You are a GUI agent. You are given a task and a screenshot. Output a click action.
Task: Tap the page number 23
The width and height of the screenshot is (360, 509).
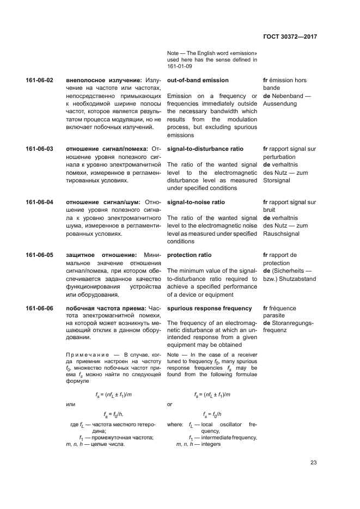coord(314,463)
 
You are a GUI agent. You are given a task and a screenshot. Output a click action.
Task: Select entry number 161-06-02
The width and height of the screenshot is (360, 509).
coord(39,81)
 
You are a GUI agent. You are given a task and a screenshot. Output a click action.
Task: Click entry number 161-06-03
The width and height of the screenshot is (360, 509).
coord(39,149)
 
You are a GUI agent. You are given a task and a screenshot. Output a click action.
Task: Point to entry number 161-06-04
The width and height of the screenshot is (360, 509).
coord(39,202)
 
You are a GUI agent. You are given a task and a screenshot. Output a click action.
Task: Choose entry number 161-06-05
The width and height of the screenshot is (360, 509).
coord(39,255)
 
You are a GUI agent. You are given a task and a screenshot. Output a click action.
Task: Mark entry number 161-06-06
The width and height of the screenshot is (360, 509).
coord(39,308)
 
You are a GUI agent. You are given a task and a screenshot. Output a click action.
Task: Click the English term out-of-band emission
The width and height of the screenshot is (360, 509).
coord(198,81)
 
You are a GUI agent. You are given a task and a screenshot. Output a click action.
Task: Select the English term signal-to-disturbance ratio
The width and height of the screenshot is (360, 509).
coord(205,149)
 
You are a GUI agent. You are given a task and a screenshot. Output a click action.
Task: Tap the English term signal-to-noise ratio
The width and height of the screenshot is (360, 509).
coord(196,202)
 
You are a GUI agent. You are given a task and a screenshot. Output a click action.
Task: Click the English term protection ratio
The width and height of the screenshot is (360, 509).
coord(189,255)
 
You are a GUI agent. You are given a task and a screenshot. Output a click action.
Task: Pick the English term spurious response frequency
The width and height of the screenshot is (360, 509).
coord(209,308)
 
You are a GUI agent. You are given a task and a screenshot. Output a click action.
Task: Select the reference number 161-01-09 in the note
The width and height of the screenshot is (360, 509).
coord(181,66)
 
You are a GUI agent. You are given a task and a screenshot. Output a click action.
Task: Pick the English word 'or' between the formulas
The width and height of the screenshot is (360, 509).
coord(170,404)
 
